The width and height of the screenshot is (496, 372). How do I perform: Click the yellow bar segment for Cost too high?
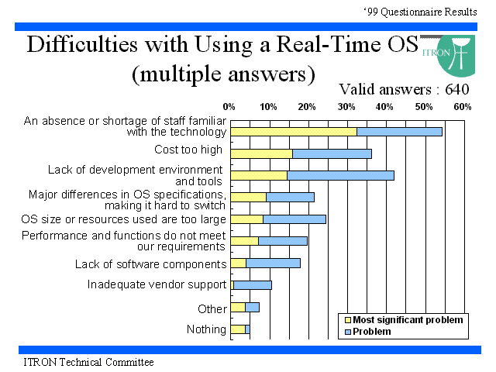coord(262,154)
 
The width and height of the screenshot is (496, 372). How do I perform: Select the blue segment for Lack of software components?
coord(274,263)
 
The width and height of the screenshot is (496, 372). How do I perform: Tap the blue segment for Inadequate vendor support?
coord(253,285)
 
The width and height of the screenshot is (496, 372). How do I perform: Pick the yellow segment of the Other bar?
coord(238,307)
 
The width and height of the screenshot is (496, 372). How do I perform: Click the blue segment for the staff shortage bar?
coord(400,132)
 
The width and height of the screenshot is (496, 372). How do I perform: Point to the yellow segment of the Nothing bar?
coord(238,329)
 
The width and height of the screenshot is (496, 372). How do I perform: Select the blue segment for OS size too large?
coord(294,219)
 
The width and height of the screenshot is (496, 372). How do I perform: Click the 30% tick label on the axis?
coord(346,107)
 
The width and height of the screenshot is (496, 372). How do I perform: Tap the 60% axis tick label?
coord(463,107)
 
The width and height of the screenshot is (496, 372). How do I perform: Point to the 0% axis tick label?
coord(229,107)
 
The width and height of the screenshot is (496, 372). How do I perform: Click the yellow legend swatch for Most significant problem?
coord(348,320)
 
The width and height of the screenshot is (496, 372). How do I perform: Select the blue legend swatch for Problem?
coord(348,332)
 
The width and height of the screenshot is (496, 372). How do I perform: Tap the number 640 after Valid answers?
coord(457,90)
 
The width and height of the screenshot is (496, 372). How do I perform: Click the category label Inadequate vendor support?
coord(157,284)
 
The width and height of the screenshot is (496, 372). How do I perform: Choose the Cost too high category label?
coord(188,150)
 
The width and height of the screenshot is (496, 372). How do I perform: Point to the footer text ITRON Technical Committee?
coord(89,362)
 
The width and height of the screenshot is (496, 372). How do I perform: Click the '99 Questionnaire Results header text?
coord(420,12)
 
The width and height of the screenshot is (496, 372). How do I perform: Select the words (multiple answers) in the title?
coord(223,74)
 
